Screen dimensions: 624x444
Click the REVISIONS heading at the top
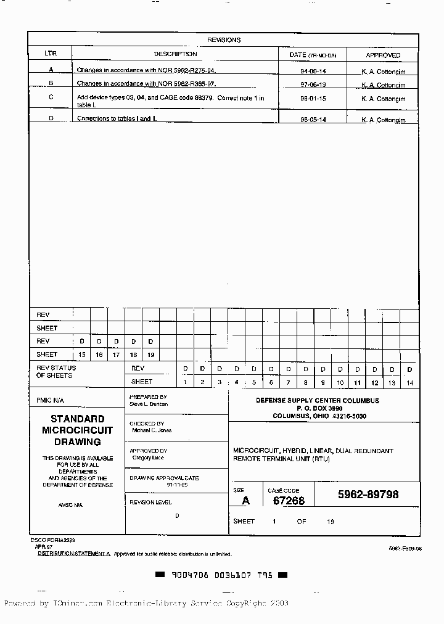[224, 40]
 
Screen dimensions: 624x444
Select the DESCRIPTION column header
[175, 54]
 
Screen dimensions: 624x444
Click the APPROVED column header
[383, 55]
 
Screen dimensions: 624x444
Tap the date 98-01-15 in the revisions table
[313, 99]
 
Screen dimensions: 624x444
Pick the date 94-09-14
[313, 71]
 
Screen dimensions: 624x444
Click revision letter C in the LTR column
[51, 97]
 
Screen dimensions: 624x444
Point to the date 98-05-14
[313, 120]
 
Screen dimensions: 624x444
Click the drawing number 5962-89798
[368, 495]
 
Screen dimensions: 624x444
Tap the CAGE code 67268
[289, 501]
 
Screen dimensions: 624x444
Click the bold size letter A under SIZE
[245, 501]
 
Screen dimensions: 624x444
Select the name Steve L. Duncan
[149, 404]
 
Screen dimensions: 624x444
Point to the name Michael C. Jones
[152, 430]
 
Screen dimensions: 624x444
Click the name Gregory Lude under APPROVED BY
[149, 458]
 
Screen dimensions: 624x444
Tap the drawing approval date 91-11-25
[176, 485]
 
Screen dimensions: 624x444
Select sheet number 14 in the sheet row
[409, 383]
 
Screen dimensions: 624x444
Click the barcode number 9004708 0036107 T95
[221, 575]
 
